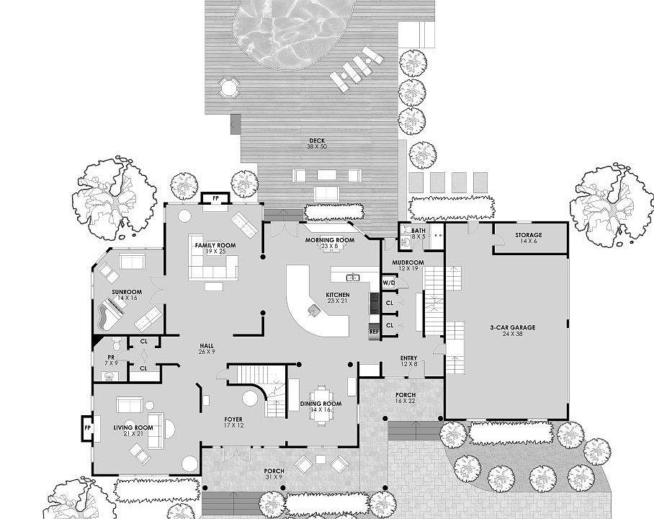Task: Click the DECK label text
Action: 318,140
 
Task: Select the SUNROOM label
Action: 126,292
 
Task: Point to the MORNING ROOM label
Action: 329,239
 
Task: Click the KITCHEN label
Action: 337,295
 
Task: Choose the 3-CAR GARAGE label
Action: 512,327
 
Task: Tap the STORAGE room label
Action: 528,235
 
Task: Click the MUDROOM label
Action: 407,262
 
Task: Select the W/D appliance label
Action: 389,282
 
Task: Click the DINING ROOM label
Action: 321,403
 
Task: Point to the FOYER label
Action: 233,419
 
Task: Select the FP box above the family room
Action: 215,198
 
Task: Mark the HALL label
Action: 207,347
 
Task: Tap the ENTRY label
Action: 408,358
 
